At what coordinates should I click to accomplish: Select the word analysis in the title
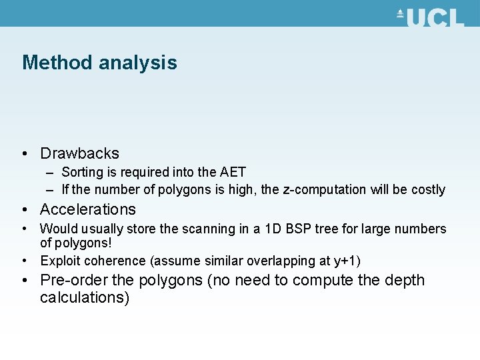[x=138, y=63]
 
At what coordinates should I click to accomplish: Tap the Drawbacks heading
[x=79, y=153]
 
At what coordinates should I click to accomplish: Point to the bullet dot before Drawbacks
[x=25, y=153]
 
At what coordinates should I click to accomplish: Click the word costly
[x=428, y=190]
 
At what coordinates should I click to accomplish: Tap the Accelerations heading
[x=87, y=209]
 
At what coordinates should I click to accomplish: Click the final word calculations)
[x=85, y=297]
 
